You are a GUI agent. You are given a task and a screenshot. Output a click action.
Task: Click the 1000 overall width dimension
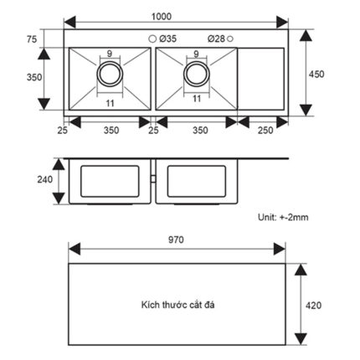[162, 17]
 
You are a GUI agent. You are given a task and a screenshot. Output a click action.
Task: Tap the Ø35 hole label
[168, 39]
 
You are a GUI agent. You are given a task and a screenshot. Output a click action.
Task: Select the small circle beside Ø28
[230, 39]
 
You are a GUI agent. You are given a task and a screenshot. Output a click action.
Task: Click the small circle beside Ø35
[152, 39]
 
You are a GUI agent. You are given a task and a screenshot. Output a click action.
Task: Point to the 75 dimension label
[32, 39]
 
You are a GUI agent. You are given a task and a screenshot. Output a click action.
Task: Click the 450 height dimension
[316, 75]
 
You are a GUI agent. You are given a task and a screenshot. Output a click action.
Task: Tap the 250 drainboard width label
[265, 130]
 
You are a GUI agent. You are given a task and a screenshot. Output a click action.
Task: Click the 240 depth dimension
[45, 179]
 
